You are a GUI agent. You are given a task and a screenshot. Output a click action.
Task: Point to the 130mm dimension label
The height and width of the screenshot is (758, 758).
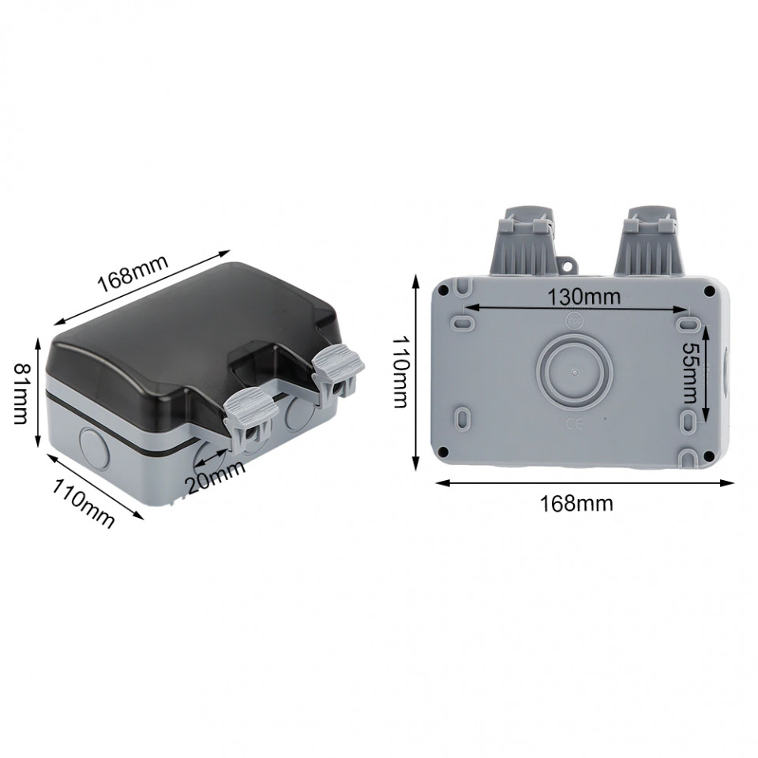584,297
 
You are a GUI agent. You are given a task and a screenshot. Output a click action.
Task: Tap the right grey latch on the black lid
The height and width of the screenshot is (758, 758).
339,369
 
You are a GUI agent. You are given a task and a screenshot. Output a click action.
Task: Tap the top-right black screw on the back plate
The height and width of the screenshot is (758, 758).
708,292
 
